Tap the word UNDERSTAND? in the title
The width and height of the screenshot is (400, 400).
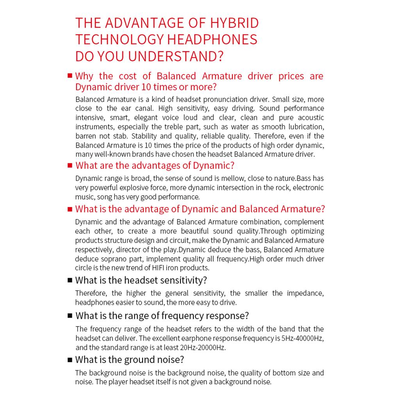pyautogui.click(x=175, y=56)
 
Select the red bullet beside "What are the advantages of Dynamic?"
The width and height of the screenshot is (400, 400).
pyautogui.click(x=70, y=165)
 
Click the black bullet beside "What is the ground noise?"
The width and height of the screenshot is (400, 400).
pyautogui.click(x=70, y=360)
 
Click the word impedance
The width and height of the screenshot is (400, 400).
pyautogui.click(x=305, y=293)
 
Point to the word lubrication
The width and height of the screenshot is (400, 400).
pyautogui.click(x=303, y=127)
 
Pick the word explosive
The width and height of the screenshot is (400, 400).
pyautogui.click(x=141, y=187)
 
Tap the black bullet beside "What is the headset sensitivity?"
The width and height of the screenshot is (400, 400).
pyautogui.click(x=70, y=280)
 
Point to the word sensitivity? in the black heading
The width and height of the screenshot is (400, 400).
pyautogui.click(x=182, y=280)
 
